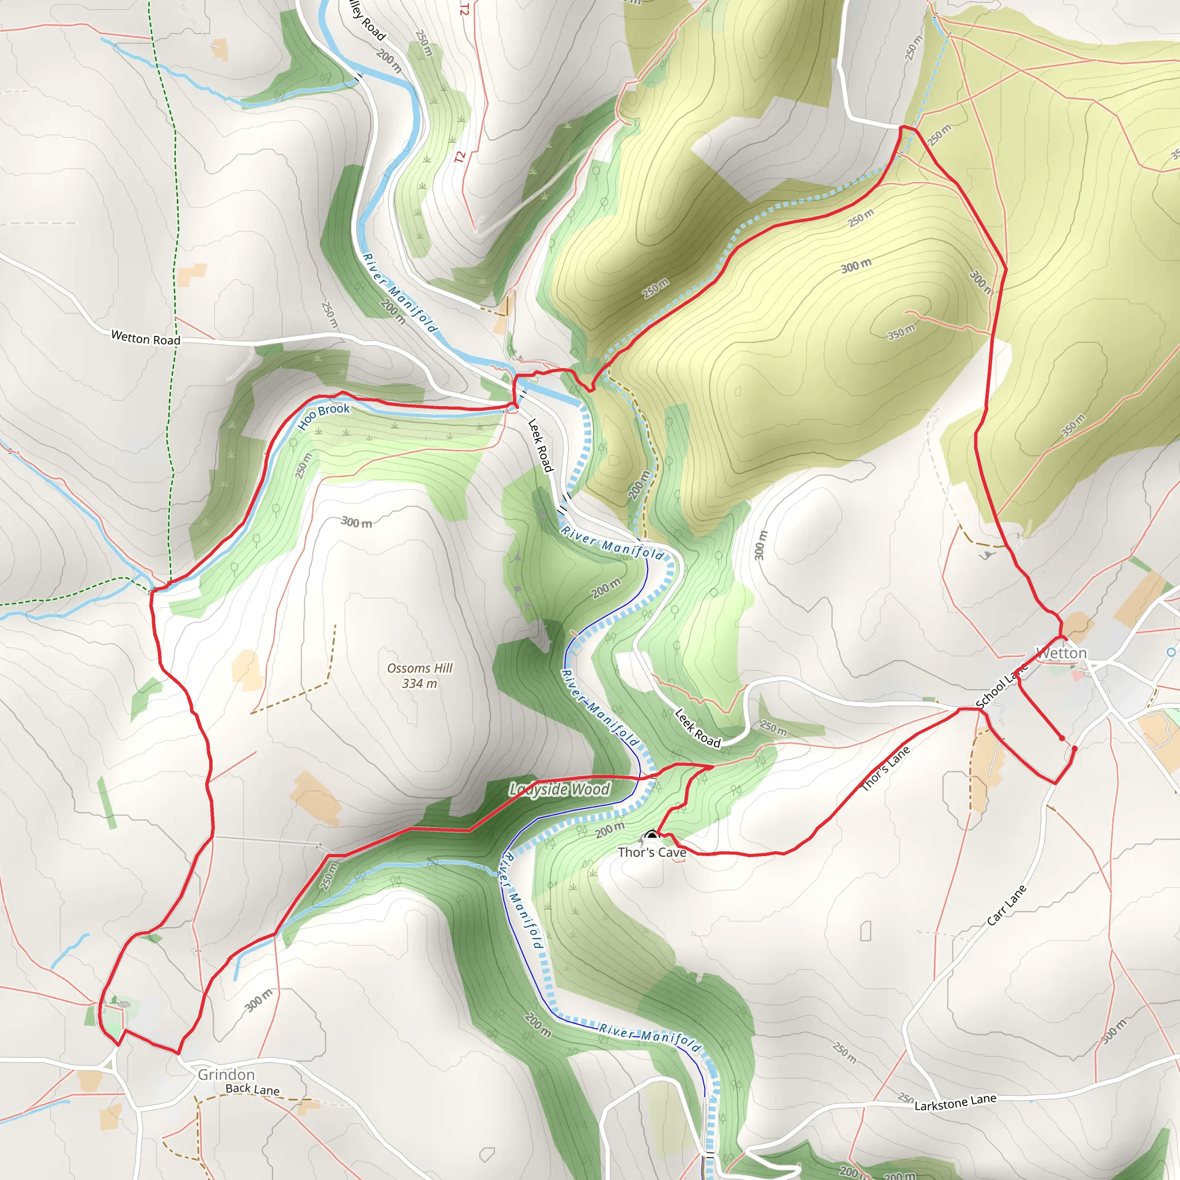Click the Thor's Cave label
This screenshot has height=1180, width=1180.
click(x=652, y=852)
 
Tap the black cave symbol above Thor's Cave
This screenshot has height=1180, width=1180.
click(x=652, y=834)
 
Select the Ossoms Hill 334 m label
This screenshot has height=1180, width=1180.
click(x=419, y=675)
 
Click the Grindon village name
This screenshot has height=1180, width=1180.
click(x=226, y=1075)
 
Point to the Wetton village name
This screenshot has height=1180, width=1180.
click(x=1062, y=653)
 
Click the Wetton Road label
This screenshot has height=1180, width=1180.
click(x=145, y=338)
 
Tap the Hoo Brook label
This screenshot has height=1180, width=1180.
click(x=324, y=416)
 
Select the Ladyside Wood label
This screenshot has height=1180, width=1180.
click(x=559, y=789)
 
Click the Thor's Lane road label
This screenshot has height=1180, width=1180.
click(x=885, y=769)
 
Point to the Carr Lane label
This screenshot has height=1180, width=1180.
click(x=1007, y=905)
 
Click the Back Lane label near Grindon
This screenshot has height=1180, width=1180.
click(x=252, y=1089)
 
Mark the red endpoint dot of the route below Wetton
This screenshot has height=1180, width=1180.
click(x=1062, y=739)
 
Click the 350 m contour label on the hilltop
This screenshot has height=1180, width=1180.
click(x=901, y=332)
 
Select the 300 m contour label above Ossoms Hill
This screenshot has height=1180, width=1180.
click(x=356, y=522)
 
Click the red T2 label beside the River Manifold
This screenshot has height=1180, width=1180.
click(x=460, y=157)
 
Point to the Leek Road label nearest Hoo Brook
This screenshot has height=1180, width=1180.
click(x=540, y=445)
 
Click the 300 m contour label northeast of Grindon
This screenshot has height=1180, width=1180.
click(x=259, y=999)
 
